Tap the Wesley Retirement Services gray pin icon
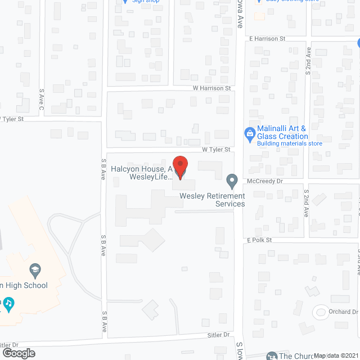pyautogui.click(x=231, y=181)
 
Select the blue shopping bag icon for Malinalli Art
pyautogui.click(x=249, y=133)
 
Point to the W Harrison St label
pyautogui.click(x=211, y=88)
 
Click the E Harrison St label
pyautogui.click(x=268, y=39)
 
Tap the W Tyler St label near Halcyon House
pyautogui.click(x=217, y=150)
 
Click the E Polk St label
pyautogui.click(x=259, y=240)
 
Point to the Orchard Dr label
pyautogui.click(x=344, y=312)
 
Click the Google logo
pyautogui.click(x=19, y=353)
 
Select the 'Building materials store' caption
pyautogui.click(x=289, y=143)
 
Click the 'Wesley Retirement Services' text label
pyautogui.click(x=212, y=200)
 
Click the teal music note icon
pyautogui.click(x=8, y=304)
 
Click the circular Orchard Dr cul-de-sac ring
pyautogui.click(x=321, y=311)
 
